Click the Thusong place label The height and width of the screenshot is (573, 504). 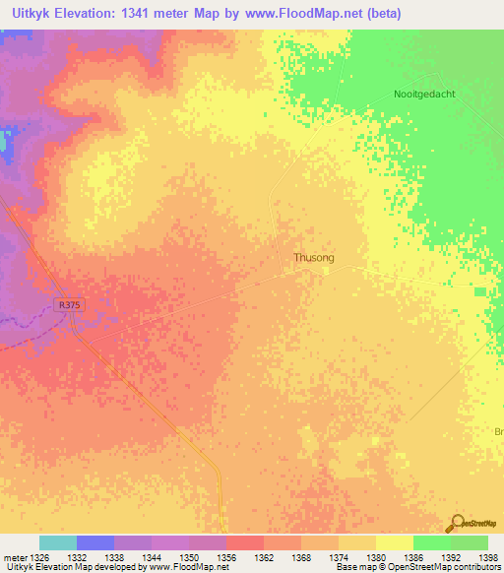(x=314, y=257)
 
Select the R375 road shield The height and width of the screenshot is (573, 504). (x=69, y=306)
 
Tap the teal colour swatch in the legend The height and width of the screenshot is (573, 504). (x=58, y=542)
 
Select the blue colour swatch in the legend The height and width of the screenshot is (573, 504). (x=95, y=542)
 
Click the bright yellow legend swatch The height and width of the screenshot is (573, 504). (x=395, y=542)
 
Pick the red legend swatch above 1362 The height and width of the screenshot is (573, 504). (x=245, y=542)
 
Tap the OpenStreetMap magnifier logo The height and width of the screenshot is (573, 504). (x=456, y=523)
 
